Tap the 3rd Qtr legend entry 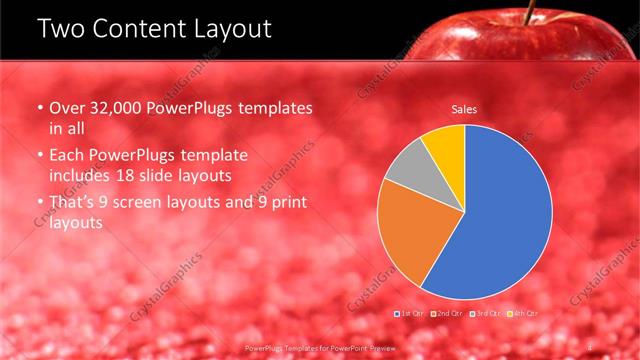(x=487, y=314)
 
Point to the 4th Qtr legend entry (x=524, y=314)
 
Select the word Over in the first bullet (x=66, y=108)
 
